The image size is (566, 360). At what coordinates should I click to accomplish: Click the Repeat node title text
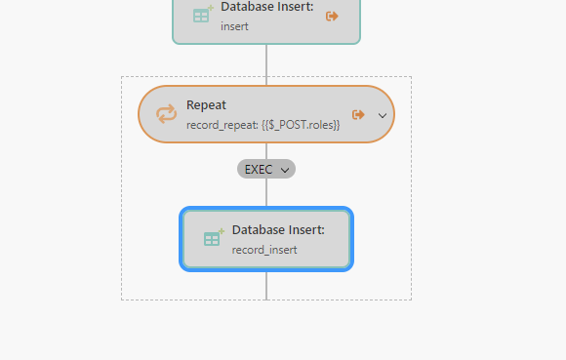coord(207,104)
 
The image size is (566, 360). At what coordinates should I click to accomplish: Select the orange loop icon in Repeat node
coord(167,115)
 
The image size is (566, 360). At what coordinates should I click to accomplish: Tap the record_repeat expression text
coord(263,125)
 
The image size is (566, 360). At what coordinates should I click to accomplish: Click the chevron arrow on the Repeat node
coord(382,115)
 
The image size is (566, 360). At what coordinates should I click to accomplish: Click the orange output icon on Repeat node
coord(358,114)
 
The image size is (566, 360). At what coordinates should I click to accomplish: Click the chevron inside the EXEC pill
coord(285,170)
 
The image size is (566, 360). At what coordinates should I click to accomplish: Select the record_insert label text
coord(263,250)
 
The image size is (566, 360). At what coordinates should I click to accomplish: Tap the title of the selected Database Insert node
coord(278,230)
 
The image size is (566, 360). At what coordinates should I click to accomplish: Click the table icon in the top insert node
coord(202,15)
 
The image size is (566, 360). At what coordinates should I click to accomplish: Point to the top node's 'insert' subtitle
coord(234,26)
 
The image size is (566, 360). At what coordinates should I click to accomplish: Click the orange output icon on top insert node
coord(332,16)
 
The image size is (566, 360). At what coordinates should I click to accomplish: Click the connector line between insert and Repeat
coord(265,64)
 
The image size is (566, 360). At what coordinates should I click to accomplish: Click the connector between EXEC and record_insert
coord(265,192)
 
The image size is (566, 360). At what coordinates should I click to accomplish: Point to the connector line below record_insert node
coord(265,285)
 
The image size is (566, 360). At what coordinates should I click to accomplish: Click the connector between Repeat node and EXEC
coord(265,150)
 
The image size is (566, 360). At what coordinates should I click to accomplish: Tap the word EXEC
coord(259,169)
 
